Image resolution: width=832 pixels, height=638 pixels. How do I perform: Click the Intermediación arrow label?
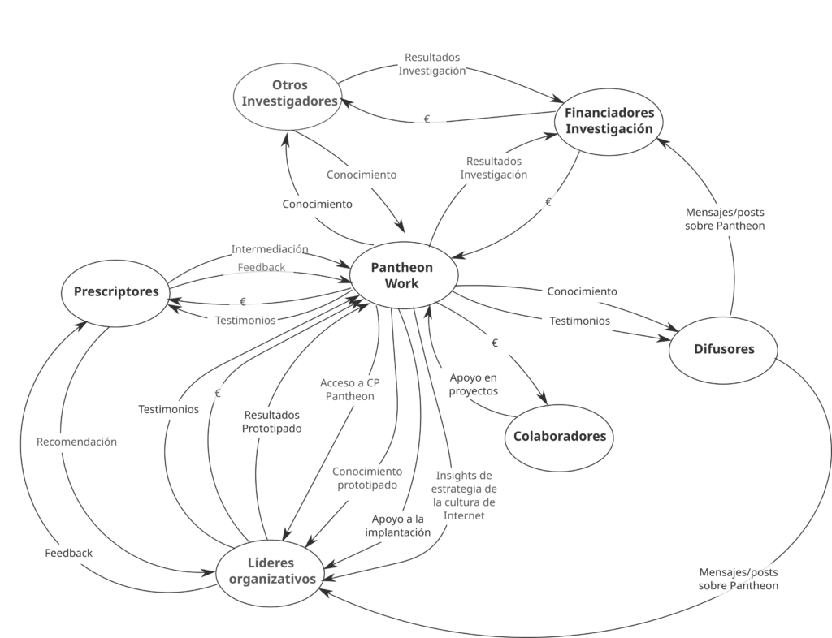(270, 249)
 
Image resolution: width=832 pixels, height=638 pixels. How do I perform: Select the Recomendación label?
(77, 442)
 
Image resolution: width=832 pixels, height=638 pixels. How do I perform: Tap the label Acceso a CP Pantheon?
(349, 390)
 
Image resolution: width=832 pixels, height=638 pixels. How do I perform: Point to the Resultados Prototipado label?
(271, 422)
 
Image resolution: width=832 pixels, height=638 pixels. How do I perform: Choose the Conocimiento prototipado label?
(367, 478)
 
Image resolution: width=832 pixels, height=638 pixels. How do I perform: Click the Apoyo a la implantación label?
(398, 526)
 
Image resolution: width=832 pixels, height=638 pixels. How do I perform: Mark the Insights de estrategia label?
(464, 495)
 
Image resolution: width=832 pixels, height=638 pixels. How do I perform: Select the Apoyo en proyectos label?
(474, 384)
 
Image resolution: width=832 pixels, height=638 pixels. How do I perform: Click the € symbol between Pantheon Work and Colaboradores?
(495, 343)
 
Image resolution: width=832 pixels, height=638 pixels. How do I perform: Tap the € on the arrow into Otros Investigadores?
(427, 119)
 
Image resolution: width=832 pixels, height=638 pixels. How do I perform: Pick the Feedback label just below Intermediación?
(261, 268)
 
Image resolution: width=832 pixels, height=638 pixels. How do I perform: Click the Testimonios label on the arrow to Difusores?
(579, 321)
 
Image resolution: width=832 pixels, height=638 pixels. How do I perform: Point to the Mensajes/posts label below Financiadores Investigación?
(725, 219)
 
